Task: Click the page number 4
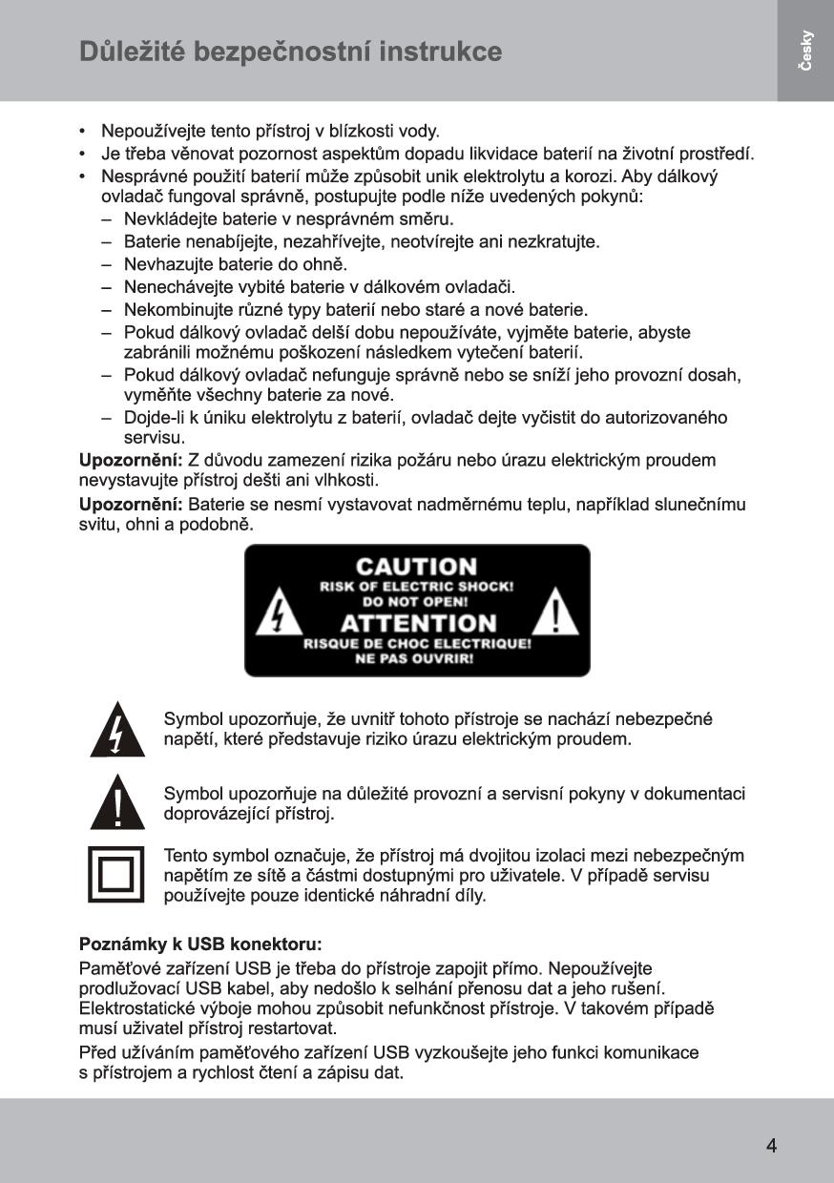click(x=771, y=1146)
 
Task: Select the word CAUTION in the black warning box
click(x=416, y=568)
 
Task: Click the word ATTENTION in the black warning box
click(x=418, y=623)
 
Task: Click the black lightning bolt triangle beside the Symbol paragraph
click(x=116, y=731)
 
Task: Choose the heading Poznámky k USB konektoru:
click(x=200, y=944)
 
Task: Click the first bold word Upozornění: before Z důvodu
click(x=131, y=461)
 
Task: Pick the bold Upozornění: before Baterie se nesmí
click(x=131, y=504)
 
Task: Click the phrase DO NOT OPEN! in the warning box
click(x=416, y=603)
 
